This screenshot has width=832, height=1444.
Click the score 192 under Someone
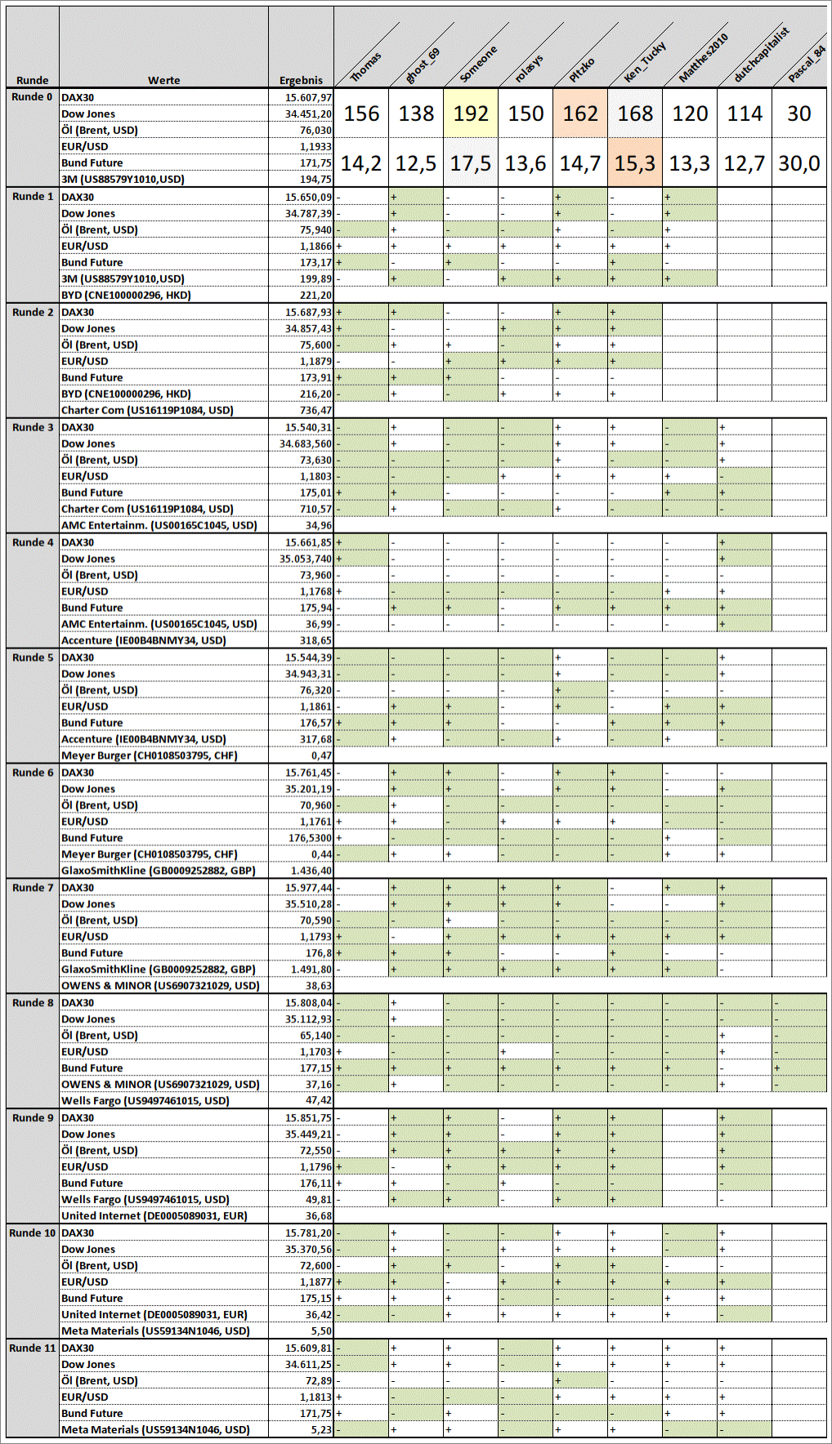pos(471,114)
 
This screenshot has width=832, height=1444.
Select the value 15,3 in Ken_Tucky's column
pos(635,163)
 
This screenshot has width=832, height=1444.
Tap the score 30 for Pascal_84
pos(798,114)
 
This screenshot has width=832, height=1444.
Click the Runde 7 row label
pos(33,888)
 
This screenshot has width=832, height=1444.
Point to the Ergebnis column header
pos(301,80)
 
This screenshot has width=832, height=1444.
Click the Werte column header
pos(163,80)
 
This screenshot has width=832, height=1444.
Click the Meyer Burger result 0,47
pos(321,755)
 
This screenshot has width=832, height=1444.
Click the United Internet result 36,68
pos(318,1216)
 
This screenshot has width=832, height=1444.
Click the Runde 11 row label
pos(33,1348)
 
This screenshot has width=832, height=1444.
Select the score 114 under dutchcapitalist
pos(744,114)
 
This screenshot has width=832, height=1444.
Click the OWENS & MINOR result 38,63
pos(318,986)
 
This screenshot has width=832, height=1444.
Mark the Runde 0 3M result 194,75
pos(315,180)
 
